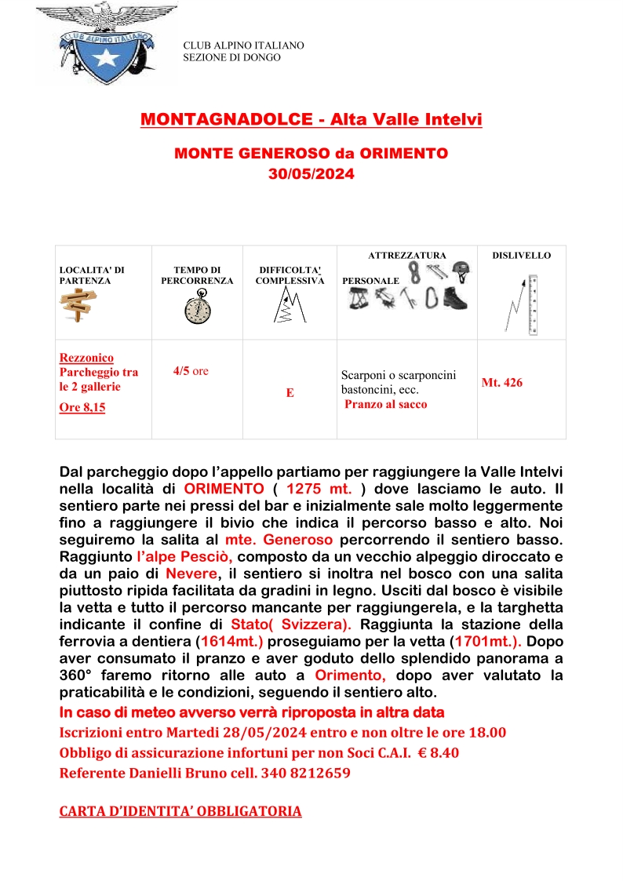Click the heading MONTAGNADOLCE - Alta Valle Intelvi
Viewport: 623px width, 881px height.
pos(311,119)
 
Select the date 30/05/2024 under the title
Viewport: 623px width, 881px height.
pos(311,174)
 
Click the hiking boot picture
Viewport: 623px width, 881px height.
pos(454,298)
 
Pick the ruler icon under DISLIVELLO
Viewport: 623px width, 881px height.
pos(533,304)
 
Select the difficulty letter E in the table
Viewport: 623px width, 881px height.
pos(290,393)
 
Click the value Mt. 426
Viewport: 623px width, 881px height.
pos(502,383)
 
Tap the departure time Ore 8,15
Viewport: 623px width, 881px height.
pos(82,407)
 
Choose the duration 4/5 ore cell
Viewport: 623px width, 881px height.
pos(191,371)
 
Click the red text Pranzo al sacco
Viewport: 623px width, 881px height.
pos(386,405)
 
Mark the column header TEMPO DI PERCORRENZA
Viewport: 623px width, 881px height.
pos(197,275)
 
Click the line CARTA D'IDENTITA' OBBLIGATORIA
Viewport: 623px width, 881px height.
pos(180,811)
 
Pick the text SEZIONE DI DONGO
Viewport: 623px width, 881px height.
pos(231,57)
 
